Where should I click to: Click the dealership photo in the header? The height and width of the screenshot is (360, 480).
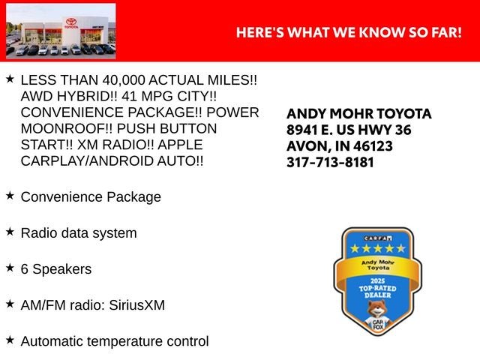tap(61, 31)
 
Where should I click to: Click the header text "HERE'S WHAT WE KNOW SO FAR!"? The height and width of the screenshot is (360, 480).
tap(349, 33)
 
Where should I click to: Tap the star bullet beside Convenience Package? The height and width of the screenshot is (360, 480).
tap(10, 195)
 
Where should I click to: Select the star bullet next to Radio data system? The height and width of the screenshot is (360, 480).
tap(10, 231)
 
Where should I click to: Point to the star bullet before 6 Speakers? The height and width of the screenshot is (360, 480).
tap(10, 267)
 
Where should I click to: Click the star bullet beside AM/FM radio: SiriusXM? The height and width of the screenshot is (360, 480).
tap(10, 303)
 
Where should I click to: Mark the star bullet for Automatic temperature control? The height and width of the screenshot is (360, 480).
tap(10, 339)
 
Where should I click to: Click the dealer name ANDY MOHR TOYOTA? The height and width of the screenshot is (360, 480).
tap(359, 114)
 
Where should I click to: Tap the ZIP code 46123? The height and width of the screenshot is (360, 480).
tap(372, 145)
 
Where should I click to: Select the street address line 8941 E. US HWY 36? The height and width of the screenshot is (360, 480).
tap(349, 130)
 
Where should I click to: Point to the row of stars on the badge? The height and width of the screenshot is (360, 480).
tap(373, 248)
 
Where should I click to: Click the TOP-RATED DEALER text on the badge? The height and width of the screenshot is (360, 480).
tap(373, 291)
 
